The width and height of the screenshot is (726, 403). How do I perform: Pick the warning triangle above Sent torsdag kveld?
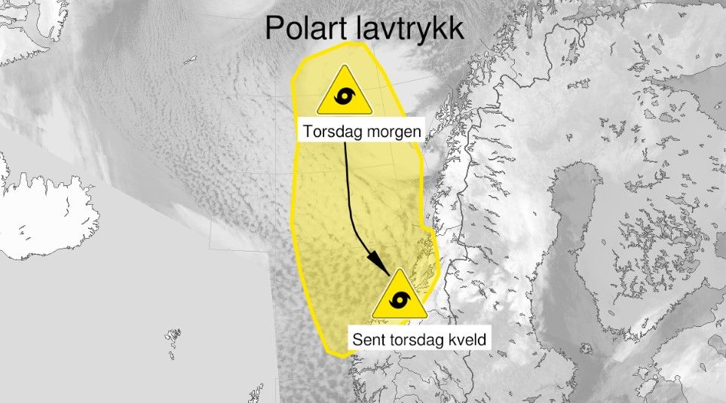coord(400,297)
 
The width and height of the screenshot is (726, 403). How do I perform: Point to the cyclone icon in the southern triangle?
coord(400,302)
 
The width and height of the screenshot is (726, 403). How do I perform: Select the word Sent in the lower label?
coord(369,340)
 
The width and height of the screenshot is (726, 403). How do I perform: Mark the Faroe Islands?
coord(173,334)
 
